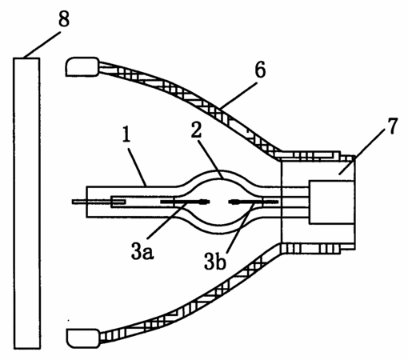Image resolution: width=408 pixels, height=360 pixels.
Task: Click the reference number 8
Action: point(64,19)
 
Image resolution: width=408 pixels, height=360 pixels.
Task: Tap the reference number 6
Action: point(260,70)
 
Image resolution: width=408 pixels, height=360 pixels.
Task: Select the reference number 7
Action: point(391,126)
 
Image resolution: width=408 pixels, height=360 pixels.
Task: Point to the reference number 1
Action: point(126,134)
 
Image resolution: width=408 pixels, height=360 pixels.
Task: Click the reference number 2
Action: point(197,130)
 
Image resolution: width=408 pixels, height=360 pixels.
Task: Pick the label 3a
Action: point(142,252)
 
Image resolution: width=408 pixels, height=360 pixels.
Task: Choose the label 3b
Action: point(215,262)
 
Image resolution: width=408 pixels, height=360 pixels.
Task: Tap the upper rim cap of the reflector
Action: point(82,67)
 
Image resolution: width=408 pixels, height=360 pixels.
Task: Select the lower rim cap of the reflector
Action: point(83,338)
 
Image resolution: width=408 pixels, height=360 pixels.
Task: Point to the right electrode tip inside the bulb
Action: point(234,202)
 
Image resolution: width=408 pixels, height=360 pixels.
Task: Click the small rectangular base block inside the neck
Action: point(332,202)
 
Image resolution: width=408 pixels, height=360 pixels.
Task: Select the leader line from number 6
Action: point(238,95)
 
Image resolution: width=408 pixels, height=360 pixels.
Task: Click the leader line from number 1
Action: point(138,166)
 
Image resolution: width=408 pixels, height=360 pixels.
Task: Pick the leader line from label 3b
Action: point(240,227)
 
